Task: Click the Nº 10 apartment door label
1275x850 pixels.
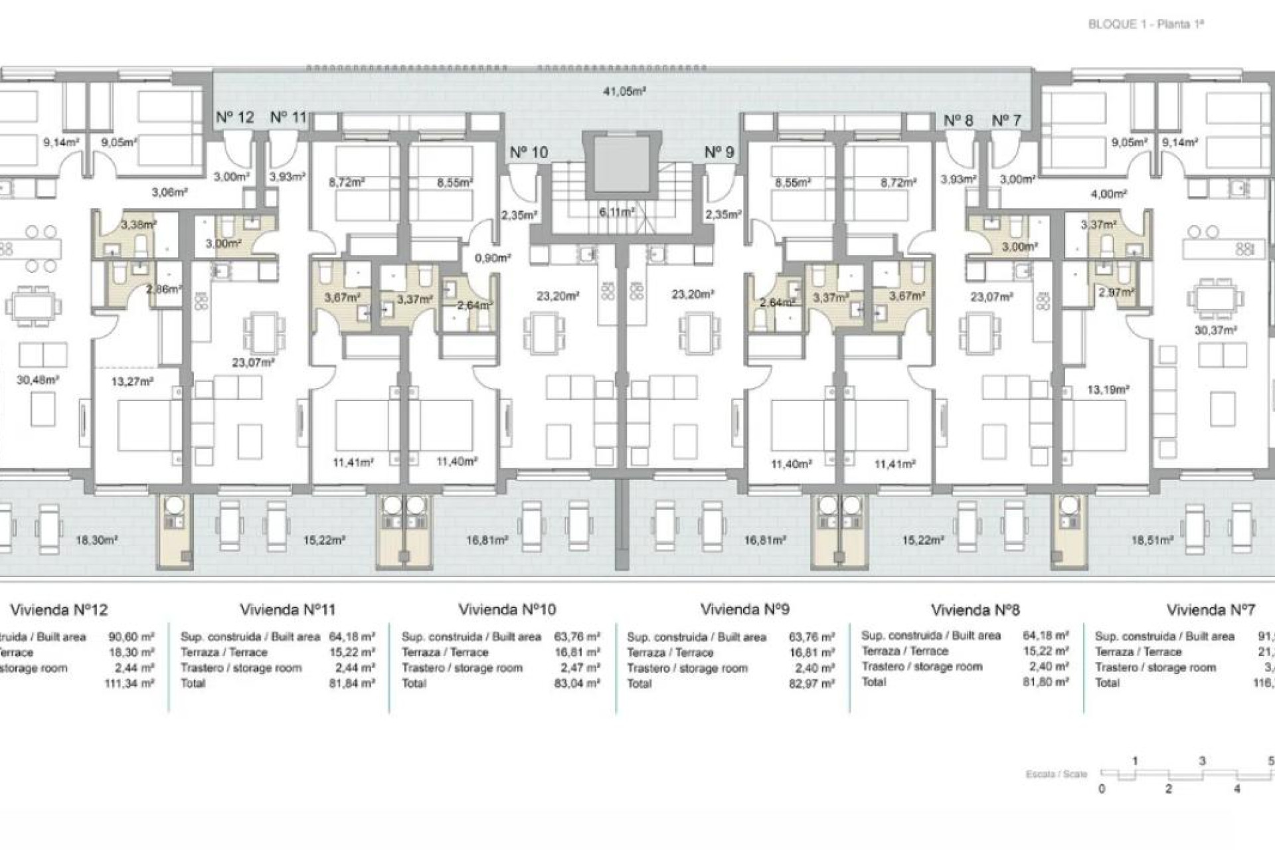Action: click(529, 153)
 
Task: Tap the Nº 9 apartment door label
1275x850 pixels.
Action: click(719, 153)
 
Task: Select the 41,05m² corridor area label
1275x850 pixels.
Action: click(624, 92)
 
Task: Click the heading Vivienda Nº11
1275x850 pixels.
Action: click(288, 610)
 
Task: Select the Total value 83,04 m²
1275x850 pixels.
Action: click(577, 683)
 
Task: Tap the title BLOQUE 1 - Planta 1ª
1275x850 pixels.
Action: click(1146, 25)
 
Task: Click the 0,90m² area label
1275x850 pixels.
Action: click(493, 258)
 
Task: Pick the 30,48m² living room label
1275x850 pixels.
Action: click(37, 380)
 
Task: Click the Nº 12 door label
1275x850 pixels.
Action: click(235, 118)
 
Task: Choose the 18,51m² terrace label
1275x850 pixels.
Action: click(1152, 541)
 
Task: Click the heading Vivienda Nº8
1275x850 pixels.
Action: click(976, 610)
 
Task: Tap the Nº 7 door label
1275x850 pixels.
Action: click(1006, 121)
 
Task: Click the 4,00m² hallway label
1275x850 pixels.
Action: click(1108, 195)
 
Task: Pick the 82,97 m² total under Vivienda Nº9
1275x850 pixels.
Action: click(811, 683)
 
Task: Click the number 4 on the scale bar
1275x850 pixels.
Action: click(1236, 790)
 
